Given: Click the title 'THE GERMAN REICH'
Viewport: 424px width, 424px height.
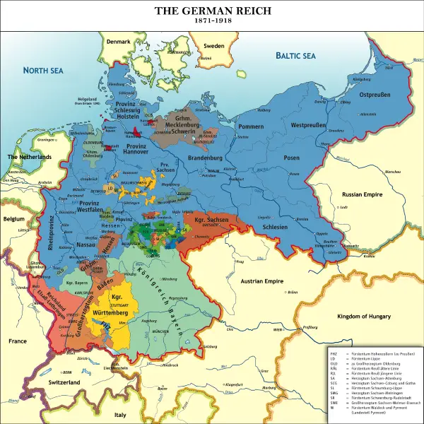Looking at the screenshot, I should tap(212, 11).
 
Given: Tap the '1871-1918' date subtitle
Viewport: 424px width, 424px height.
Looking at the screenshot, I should tap(212, 22).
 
